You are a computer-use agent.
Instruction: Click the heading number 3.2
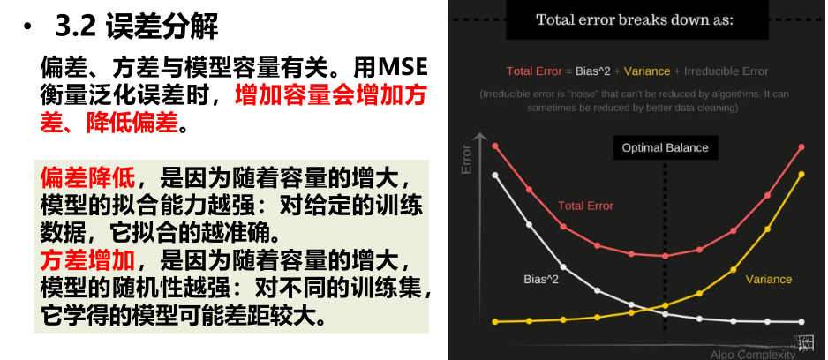[x=75, y=26]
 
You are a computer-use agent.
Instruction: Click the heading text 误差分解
[x=161, y=26]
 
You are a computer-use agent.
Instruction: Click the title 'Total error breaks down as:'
[x=634, y=20]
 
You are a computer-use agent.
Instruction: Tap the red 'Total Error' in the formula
[x=534, y=71]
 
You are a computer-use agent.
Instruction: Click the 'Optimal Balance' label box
[x=665, y=147]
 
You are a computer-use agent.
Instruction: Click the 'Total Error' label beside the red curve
[x=585, y=206]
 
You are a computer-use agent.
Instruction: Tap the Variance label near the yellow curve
[x=768, y=279]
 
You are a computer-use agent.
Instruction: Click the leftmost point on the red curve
[x=495, y=146]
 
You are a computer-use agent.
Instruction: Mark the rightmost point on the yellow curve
[x=802, y=174]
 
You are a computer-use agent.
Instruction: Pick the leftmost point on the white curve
[x=495, y=175]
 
